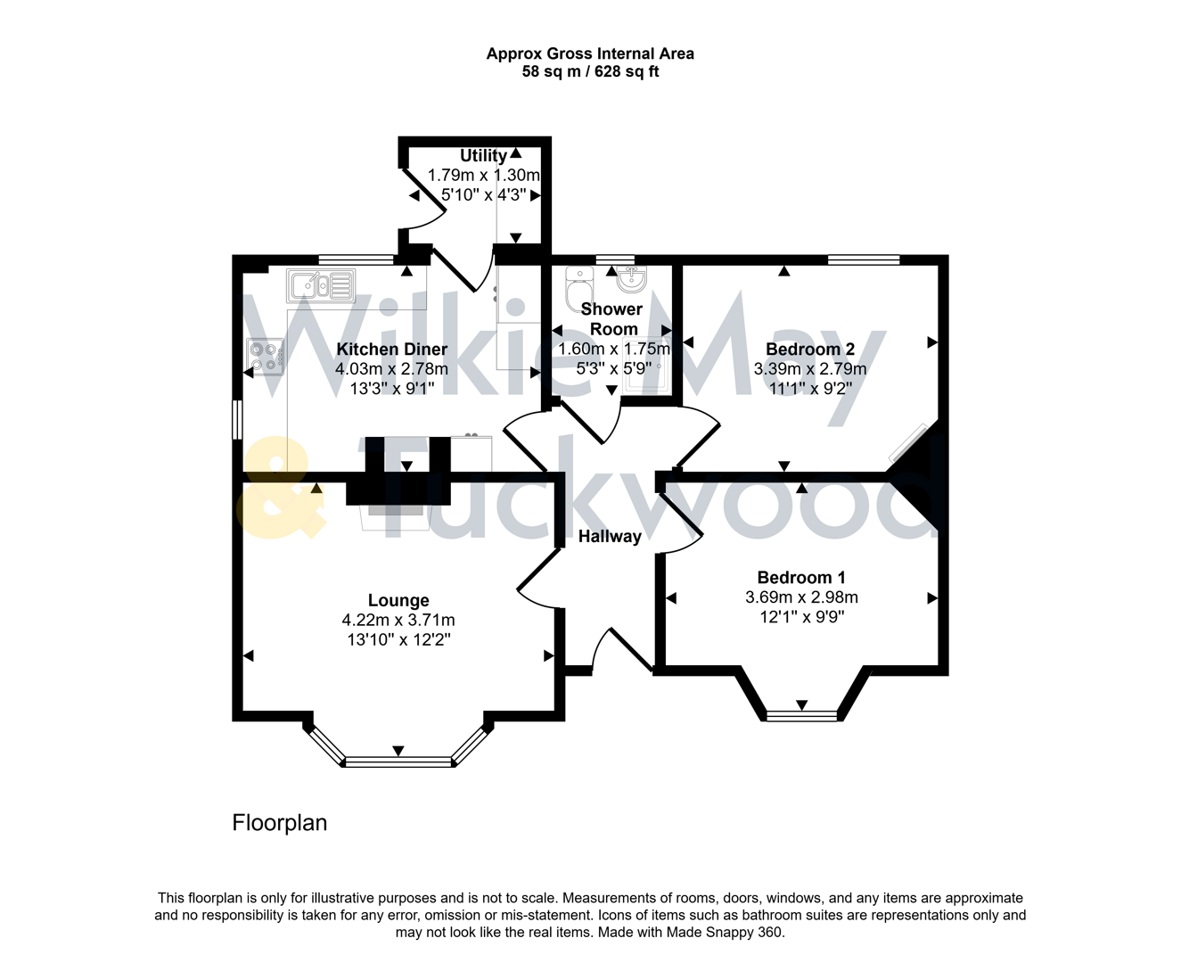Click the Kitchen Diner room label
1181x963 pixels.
[391, 350]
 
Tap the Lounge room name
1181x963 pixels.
[398, 601]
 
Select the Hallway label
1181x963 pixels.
[610, 537]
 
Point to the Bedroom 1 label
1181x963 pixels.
[801, 578]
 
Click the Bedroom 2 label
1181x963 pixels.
[810, 350]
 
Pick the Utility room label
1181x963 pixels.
[483, 156]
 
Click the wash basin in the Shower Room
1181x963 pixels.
[633, 279]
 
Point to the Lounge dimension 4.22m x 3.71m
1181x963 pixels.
[398, 621]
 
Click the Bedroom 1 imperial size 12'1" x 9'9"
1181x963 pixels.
[801, 617]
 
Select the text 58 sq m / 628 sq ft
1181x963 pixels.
[590, 72]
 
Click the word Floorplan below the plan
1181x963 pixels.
[279, 823]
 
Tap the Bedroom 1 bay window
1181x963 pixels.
[802, 714]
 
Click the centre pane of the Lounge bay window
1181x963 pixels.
[398, 762]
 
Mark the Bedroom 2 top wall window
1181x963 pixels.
[864, 260]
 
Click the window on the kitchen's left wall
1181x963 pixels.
[237, 419]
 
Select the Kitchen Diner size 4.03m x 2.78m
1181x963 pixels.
[391, 369]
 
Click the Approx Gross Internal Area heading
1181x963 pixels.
[590, 53]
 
